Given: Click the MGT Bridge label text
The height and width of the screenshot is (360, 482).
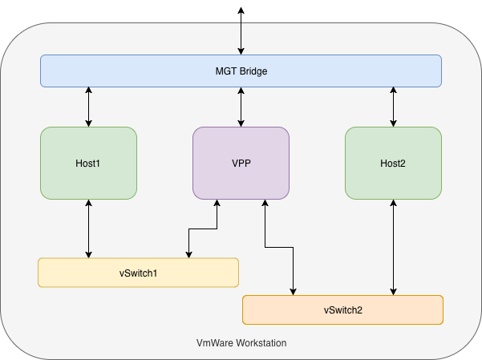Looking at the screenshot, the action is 241,71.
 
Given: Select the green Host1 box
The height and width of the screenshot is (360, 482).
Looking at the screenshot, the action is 88,164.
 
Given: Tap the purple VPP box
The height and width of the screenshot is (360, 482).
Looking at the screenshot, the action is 241,164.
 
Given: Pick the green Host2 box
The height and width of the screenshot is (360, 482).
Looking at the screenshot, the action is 394,164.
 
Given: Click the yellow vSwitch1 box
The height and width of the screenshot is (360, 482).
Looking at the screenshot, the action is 138,273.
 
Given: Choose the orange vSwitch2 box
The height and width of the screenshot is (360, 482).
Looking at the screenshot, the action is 342,310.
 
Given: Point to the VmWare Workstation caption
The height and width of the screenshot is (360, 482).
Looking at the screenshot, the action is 241,343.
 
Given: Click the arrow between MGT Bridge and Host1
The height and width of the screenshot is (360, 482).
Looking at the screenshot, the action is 88,107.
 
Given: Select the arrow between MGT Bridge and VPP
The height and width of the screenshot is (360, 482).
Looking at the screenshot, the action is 241,107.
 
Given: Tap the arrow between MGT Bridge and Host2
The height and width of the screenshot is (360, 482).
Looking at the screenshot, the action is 393,107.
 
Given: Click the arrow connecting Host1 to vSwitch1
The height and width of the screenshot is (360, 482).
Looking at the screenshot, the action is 88,229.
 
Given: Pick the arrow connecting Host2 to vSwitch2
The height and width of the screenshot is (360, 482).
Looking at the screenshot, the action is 393,248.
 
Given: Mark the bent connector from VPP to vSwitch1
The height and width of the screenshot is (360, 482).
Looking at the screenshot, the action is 203,229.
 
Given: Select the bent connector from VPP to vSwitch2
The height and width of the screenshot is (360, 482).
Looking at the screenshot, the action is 279,247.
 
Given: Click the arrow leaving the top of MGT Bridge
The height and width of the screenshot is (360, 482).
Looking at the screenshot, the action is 241,31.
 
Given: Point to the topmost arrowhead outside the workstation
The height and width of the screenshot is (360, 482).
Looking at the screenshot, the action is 241,10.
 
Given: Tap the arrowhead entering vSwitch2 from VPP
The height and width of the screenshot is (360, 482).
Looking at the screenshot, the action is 294,292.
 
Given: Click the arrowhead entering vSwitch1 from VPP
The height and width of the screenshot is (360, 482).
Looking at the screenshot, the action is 188,254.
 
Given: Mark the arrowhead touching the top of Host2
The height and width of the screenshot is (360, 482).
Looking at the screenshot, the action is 393,123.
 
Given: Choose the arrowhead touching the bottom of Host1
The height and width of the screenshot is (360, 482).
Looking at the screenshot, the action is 88,203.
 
